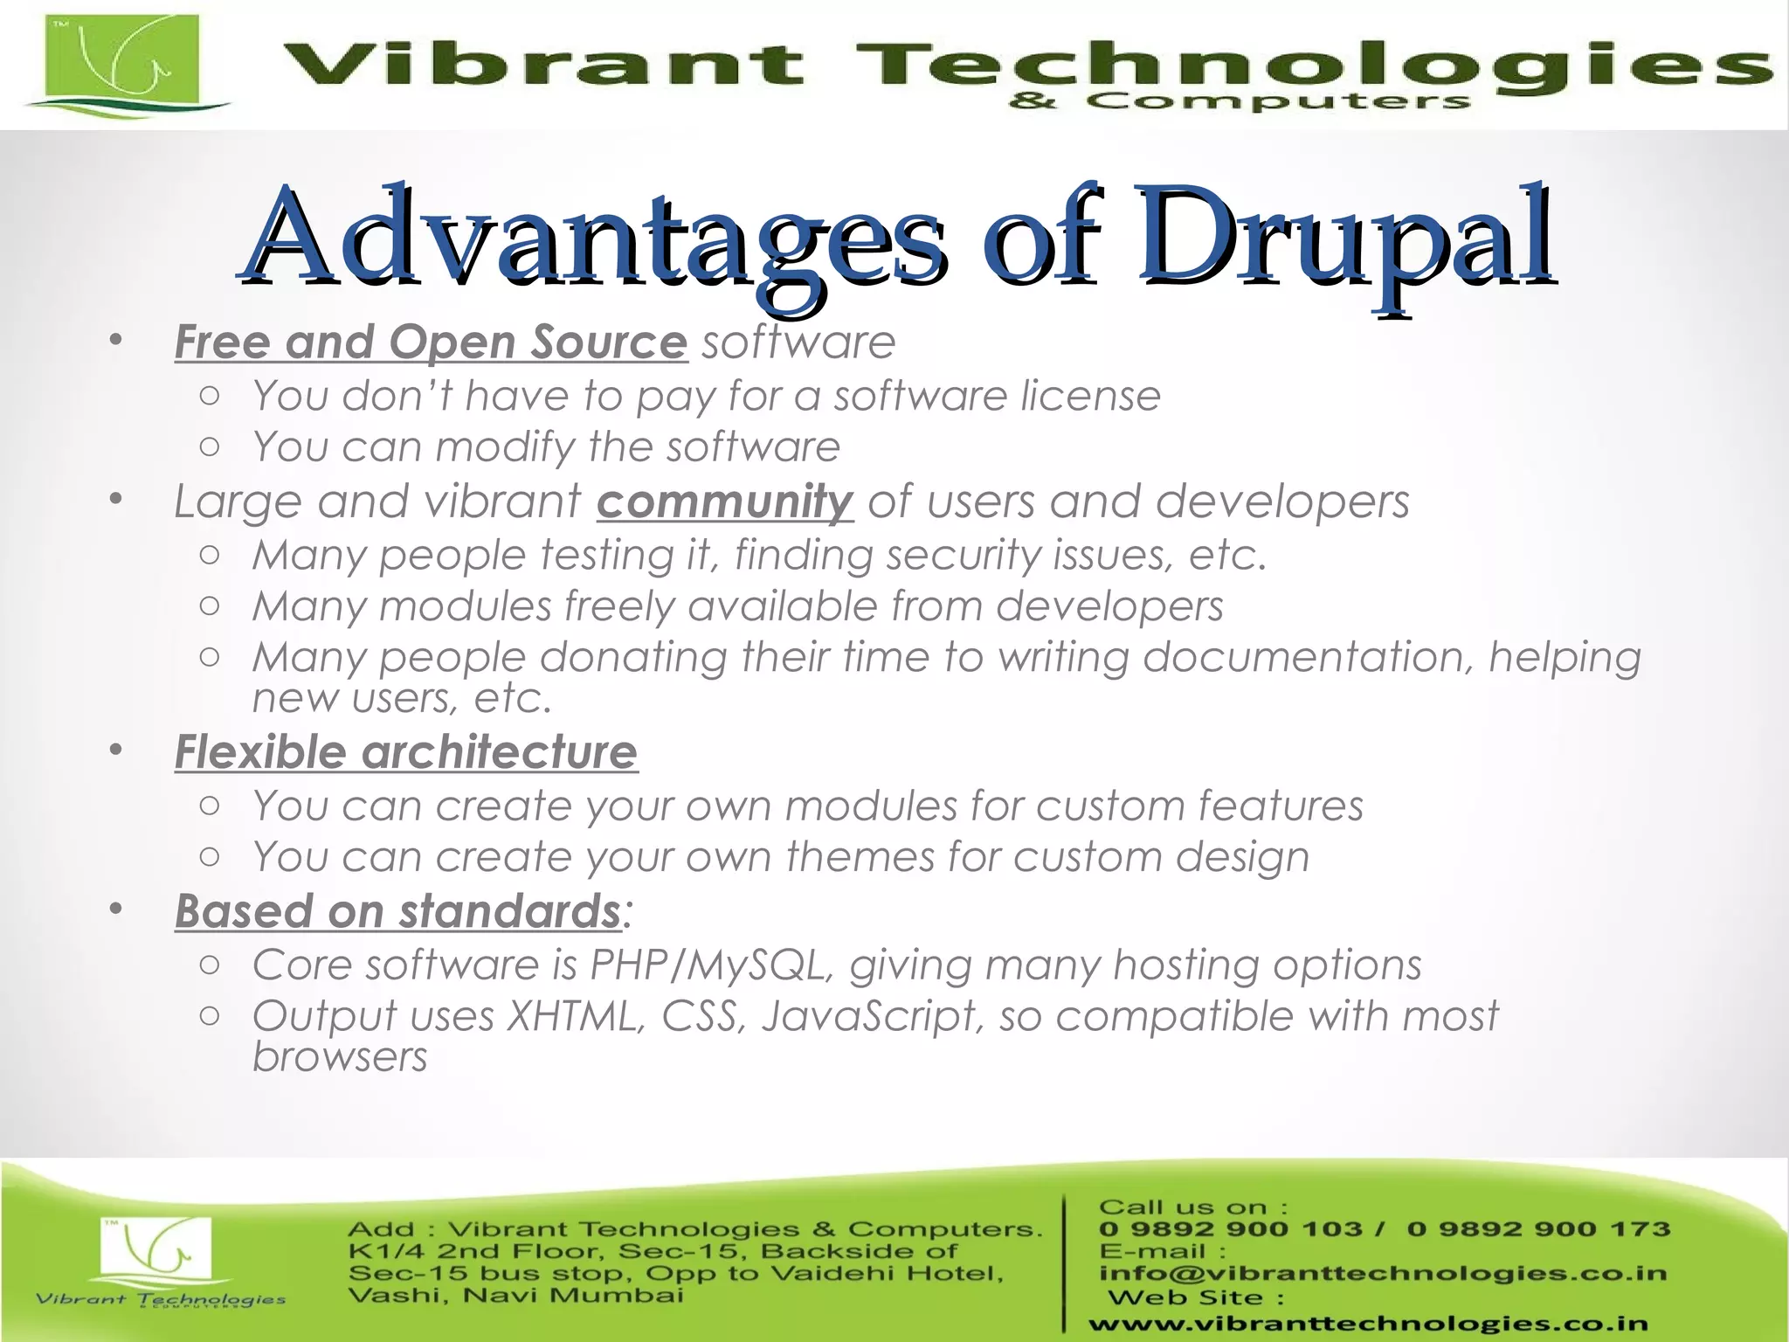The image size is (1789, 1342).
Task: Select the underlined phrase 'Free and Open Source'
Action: [431, 342]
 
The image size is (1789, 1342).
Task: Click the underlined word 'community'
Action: [724, 502]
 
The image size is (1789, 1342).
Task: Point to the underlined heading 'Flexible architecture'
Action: [406, 752]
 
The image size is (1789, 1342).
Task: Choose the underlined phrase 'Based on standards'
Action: [398, 911]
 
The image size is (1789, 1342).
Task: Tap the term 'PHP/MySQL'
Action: [706, 965]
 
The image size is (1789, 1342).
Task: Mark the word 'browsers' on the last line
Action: [340, 1057]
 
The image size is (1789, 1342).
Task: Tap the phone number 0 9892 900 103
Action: [1230, 1229]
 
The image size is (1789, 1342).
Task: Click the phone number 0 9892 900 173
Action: [1538, 1229]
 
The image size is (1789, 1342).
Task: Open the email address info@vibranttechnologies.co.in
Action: [1383, 1274]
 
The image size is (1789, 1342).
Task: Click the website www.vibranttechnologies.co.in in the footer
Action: [1368, 1325]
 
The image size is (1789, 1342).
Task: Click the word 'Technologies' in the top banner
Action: [1310, 66]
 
